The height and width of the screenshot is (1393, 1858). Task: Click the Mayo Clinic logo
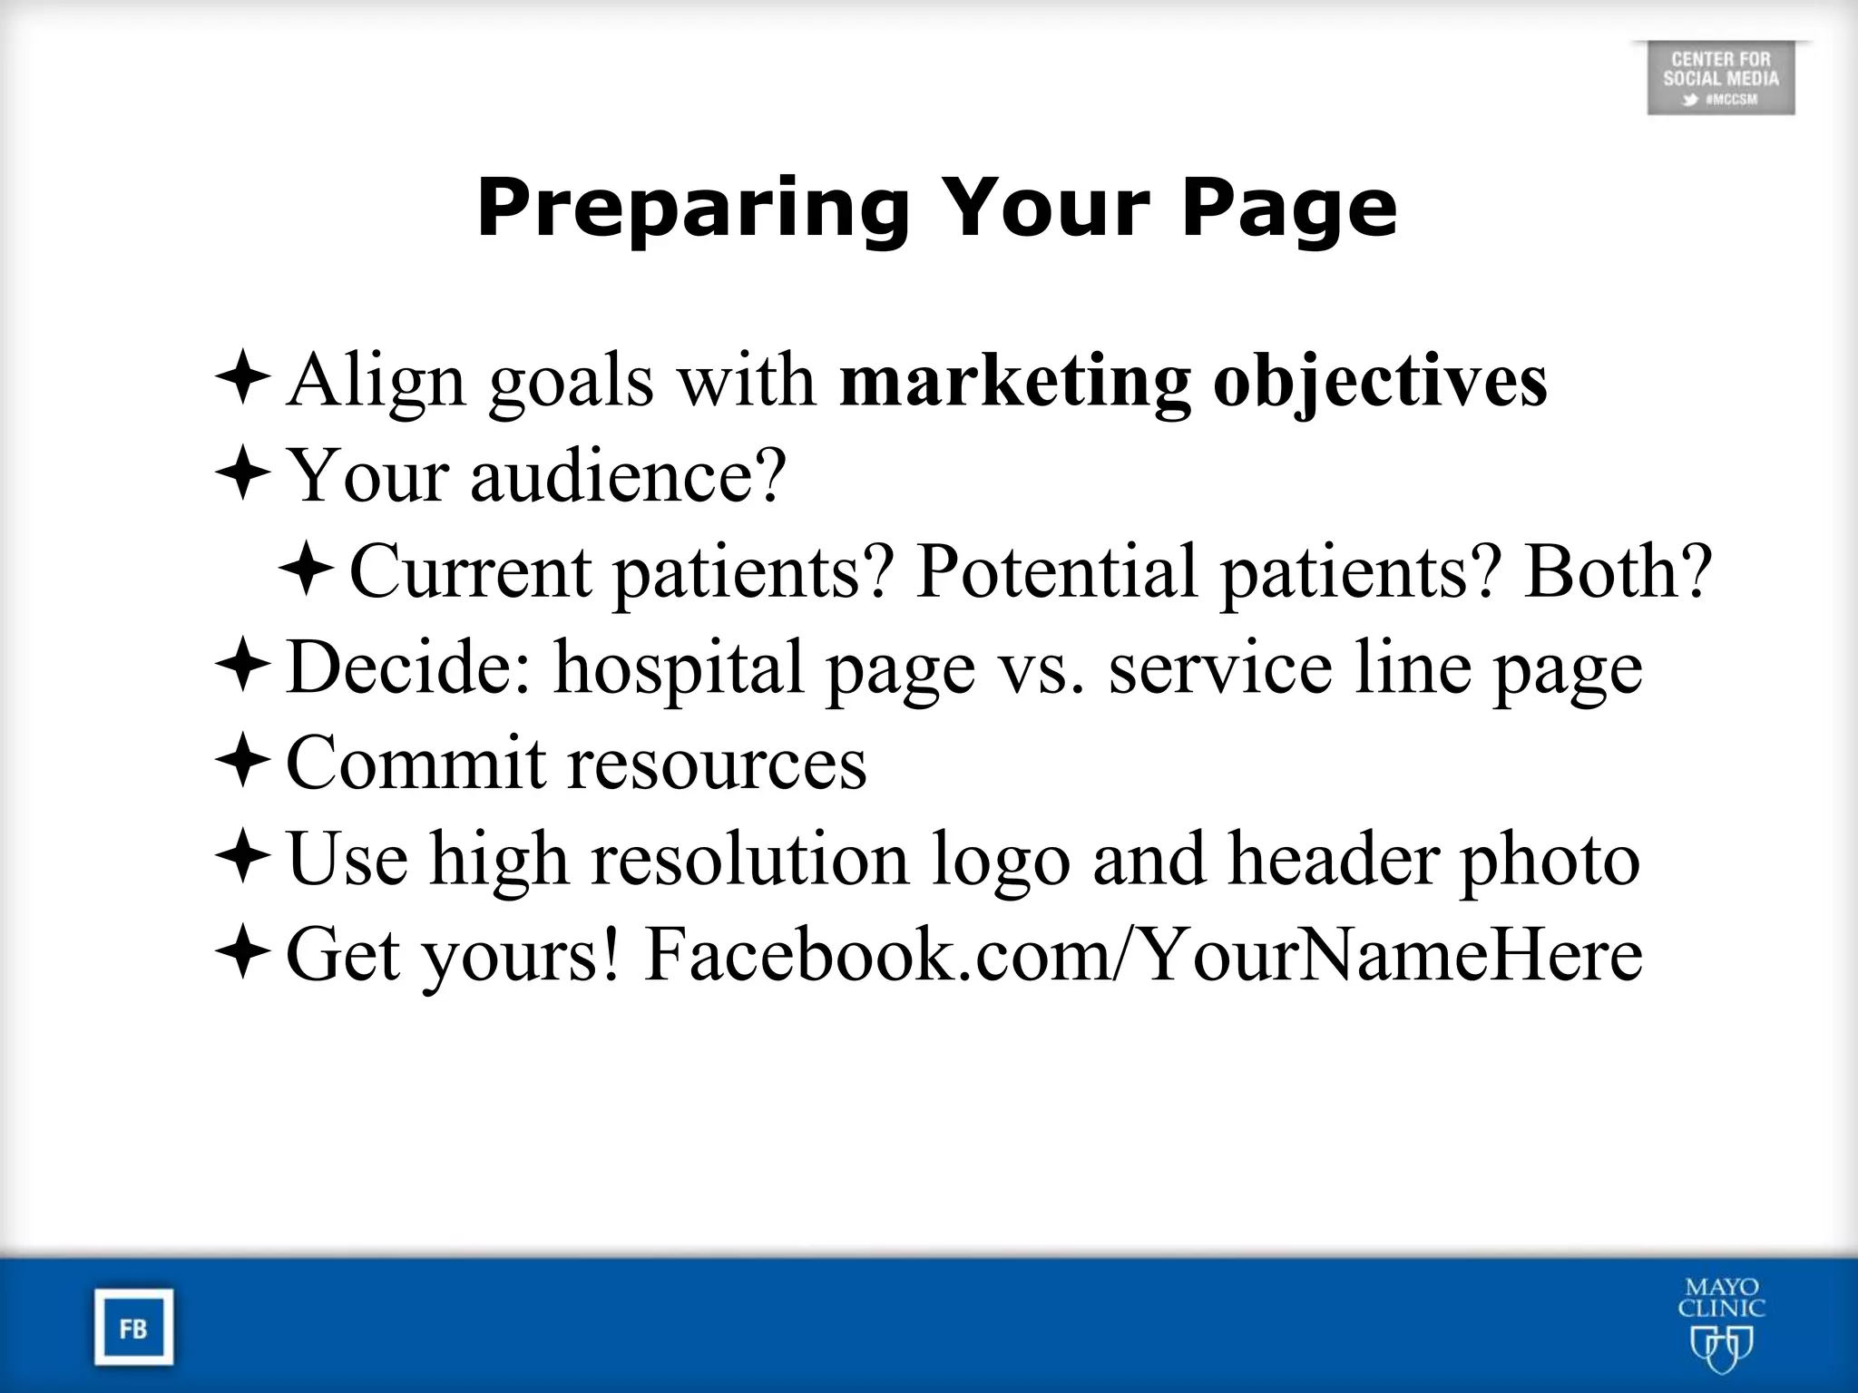pyautogui.click(x=1721, y=1324)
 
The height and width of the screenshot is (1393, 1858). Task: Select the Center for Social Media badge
pyautogui.click(x=1720, y=79)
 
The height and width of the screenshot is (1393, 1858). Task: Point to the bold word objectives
pyautogui.click(x=1380, y=381)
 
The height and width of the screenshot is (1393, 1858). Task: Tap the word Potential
pyautogui.click(x=1057, y=571)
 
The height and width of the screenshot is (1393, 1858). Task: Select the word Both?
pyautogui.click(x=1618, y=571)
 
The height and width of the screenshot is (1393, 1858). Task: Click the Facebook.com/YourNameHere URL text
pyautogui.click(x=1143, y=955)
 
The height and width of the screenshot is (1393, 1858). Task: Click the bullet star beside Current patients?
pyautogui.click(x=306, y=570)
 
